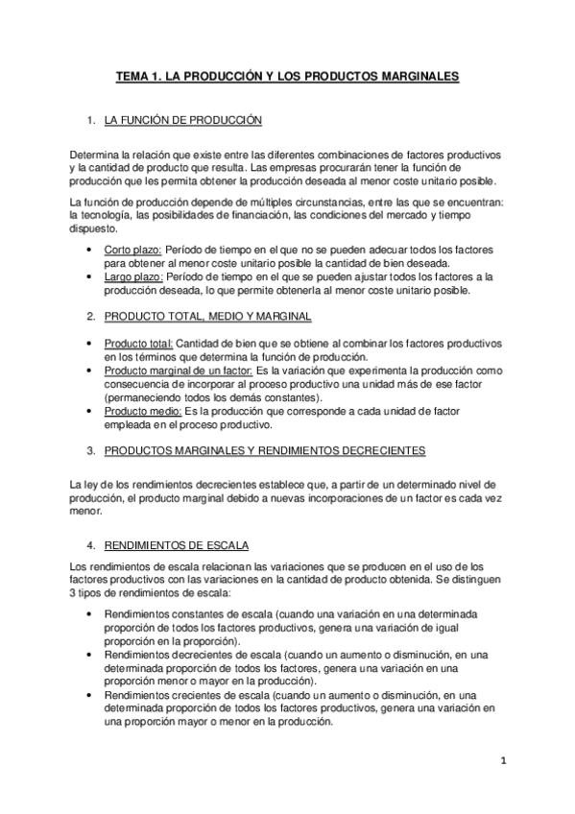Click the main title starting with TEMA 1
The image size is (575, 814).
point(287,74)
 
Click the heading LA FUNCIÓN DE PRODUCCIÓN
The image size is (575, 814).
point(182,122)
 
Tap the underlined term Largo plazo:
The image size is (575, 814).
point(133,276)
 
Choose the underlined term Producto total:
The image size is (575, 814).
point(138,343)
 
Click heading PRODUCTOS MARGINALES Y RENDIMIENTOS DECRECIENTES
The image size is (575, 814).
point(264,449)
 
